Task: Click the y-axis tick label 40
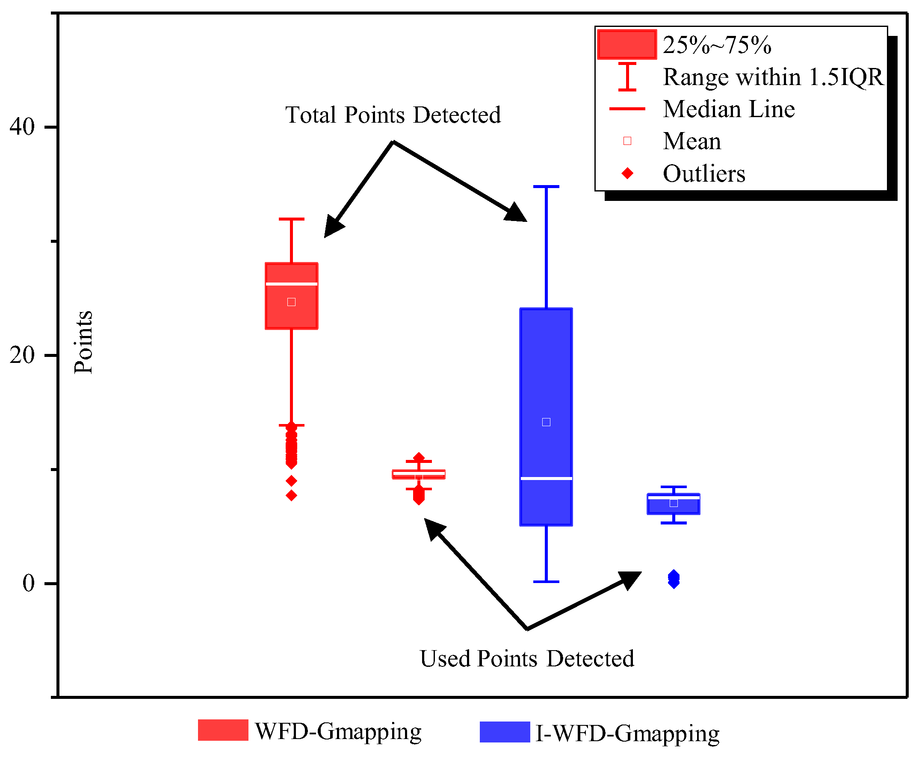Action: [22, 127]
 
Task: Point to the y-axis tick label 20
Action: [22, 355]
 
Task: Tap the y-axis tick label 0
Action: [28, 583]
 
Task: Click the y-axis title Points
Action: [83, 342]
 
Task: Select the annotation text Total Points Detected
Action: [393, 115]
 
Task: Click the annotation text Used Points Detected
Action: [527, 658]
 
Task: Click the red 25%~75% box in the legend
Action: [627, 44]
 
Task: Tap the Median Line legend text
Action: [729, 109]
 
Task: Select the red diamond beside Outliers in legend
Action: [627, 174]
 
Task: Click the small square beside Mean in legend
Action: [627, 141]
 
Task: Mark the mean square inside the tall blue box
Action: [546, 422]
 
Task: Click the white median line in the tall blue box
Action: [546, 479]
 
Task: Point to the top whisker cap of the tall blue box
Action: [546, 187]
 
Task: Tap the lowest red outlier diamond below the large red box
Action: [291, 495]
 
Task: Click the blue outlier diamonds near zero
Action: [674, 579]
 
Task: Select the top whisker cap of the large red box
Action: [291, 219]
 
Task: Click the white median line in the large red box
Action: [291, 284]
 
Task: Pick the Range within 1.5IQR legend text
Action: [773, 77]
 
